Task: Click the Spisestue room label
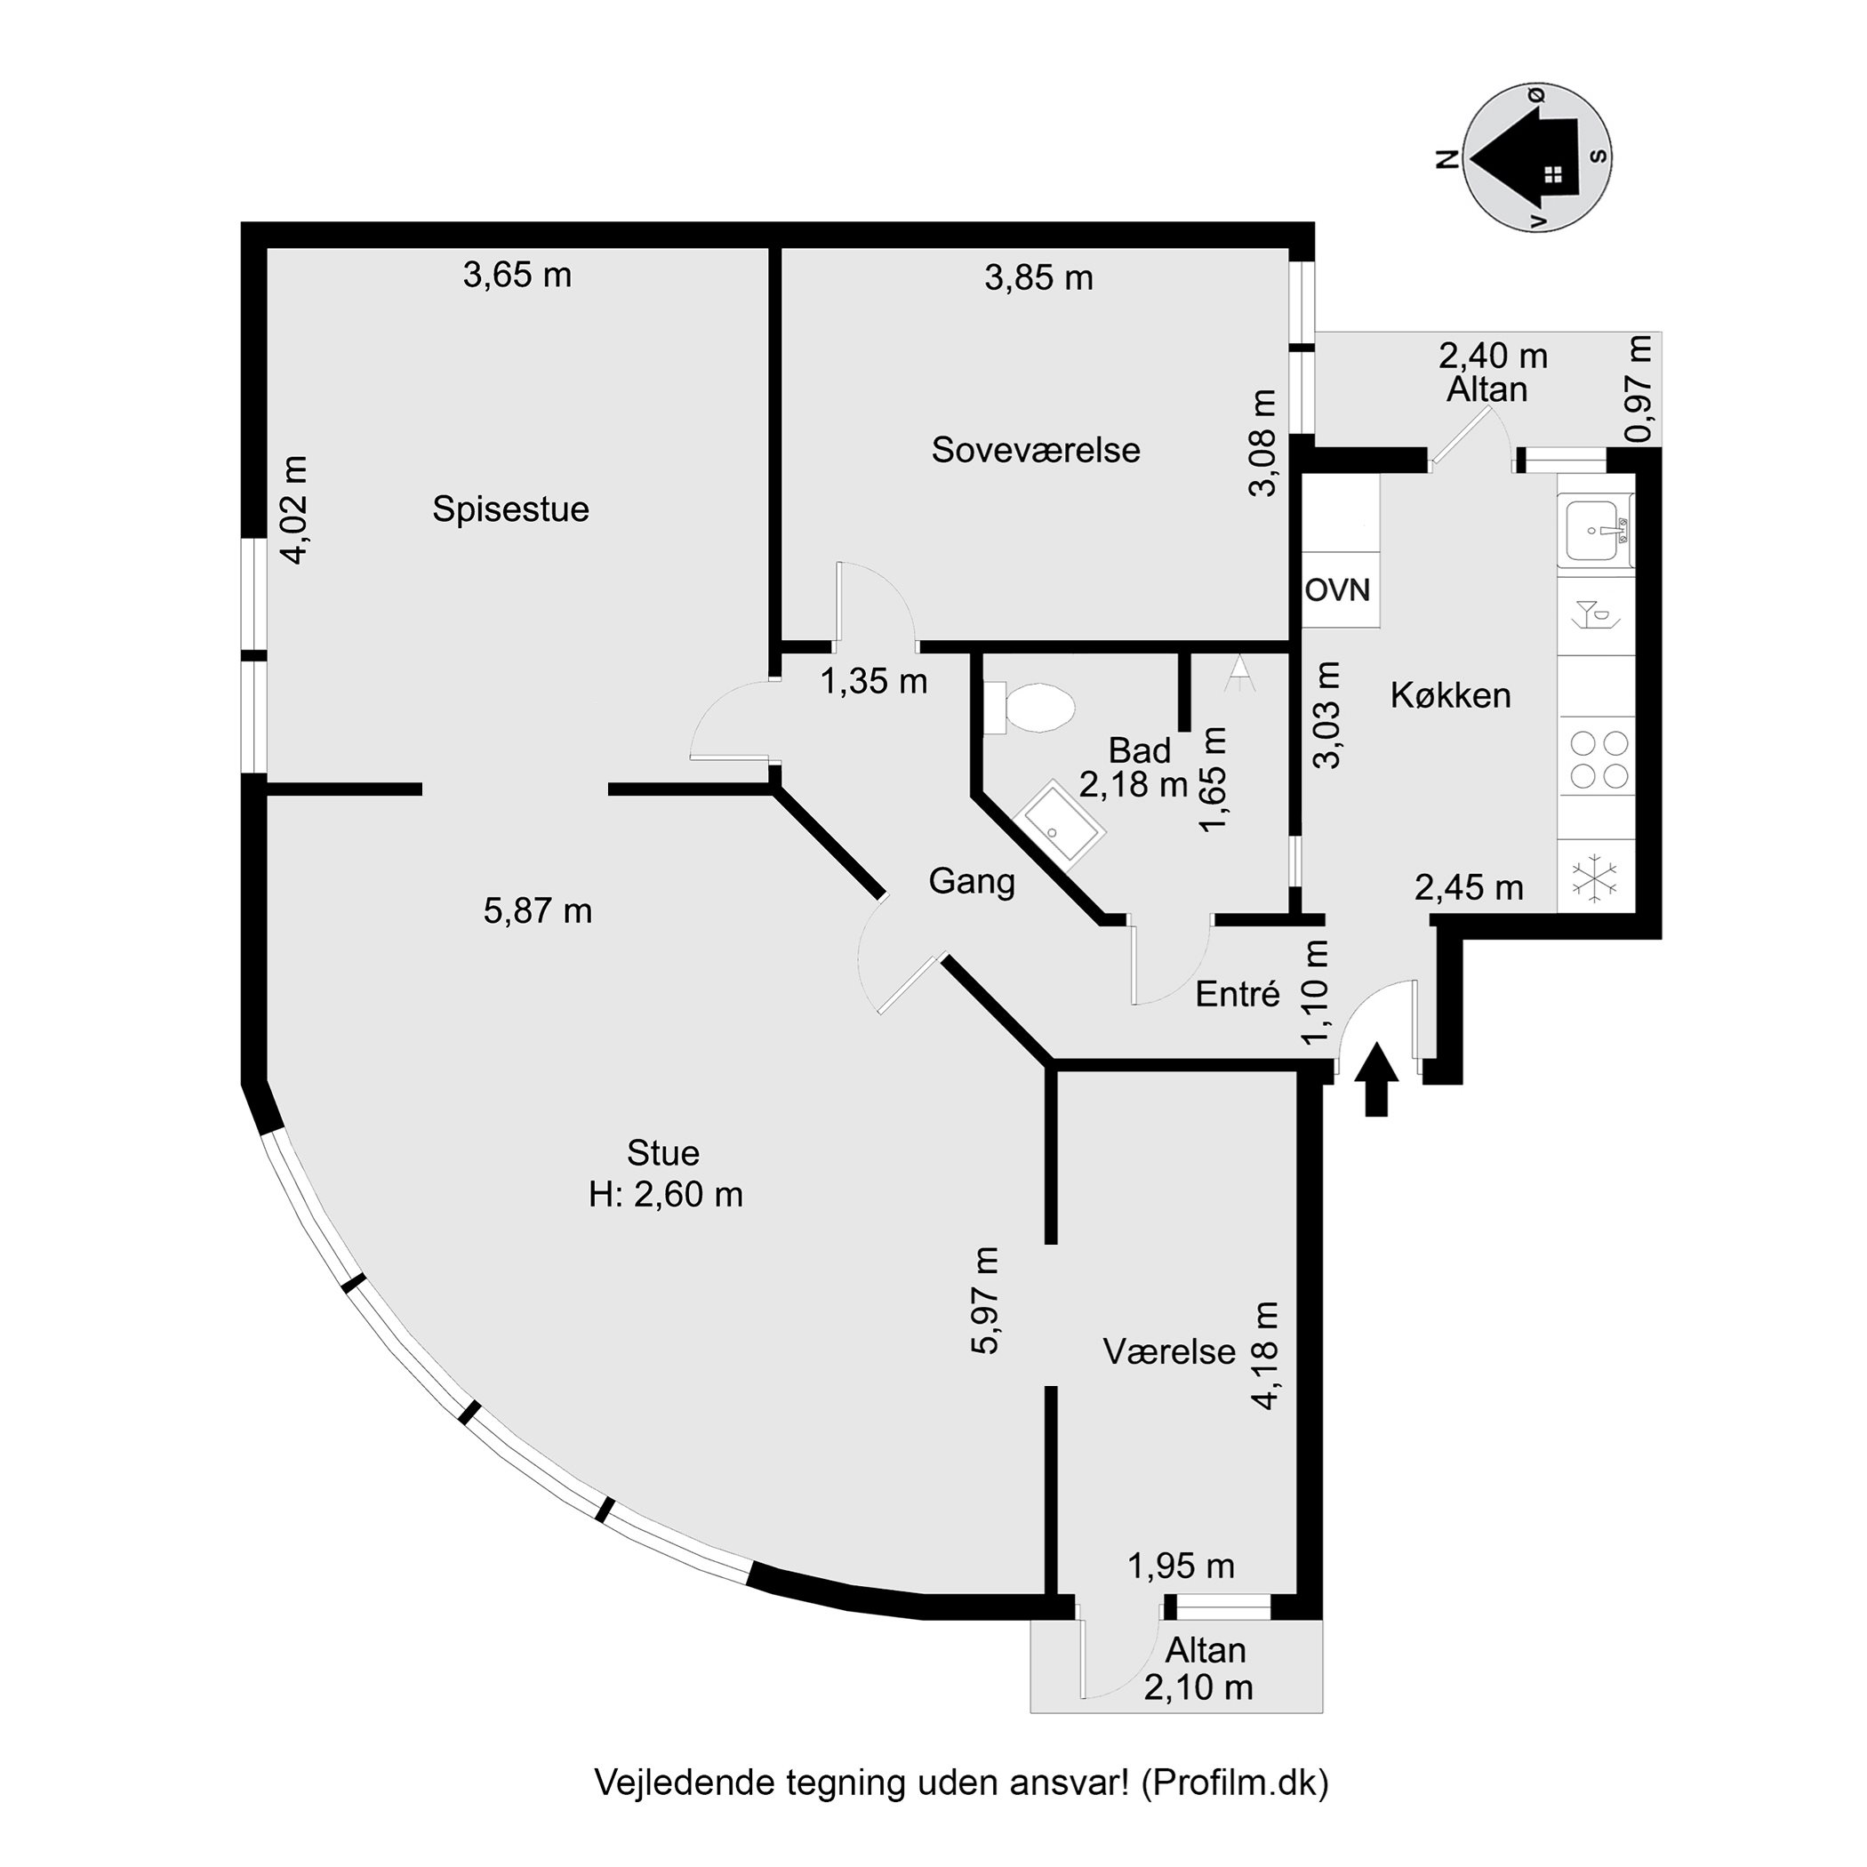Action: [x=510, y=509]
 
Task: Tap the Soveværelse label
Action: [x=1036, y=451]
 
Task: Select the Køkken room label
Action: [x=1451, y=696]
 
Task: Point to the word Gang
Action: [x=971, y=882]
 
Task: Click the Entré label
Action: [x=1237, y=994]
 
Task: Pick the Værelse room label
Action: [x=1169, y=1352]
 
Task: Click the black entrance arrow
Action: [x=1376, y=1079]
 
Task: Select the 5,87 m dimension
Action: [x=538, y=910]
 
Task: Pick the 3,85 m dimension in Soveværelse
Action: [x=1038, y=278]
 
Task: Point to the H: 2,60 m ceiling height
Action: [x=666, y=1196]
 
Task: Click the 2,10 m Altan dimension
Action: [x=1198, y=1687]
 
